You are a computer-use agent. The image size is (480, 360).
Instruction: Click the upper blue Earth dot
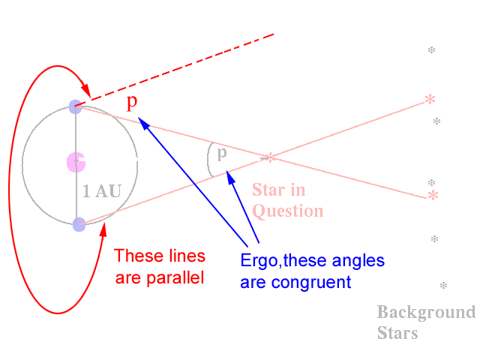(75, 106)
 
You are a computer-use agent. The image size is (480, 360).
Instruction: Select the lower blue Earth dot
(79, 223)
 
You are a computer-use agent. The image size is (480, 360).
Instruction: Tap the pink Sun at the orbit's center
(76, 161)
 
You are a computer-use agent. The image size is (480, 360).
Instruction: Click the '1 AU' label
(101, 192)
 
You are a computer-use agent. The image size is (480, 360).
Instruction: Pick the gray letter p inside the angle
(221, 154)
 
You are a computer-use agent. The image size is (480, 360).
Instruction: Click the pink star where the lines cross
(270, 157)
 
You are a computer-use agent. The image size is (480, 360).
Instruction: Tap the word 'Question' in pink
(287, 211)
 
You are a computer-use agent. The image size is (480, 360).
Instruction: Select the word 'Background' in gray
(425, 312)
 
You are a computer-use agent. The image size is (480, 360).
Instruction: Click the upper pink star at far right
(430, 99)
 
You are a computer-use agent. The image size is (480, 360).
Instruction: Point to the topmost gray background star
(431, 50)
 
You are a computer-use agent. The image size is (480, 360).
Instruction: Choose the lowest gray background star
(443, 286)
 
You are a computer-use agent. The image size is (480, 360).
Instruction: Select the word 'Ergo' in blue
(258, 262)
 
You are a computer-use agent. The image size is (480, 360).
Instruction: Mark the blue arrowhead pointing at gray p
(230, 176)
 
